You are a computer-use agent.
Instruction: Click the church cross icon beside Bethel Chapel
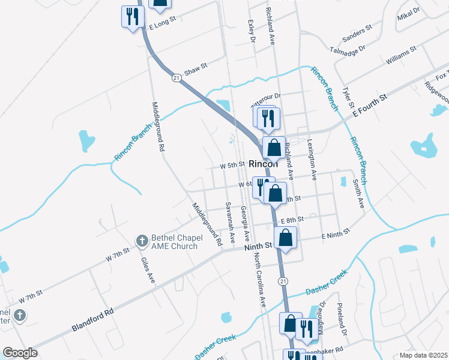142,241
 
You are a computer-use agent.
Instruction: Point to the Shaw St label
196,71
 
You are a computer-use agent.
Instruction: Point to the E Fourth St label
370,104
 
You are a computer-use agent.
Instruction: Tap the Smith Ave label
358,194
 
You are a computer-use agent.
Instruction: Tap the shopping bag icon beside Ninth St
286,238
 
